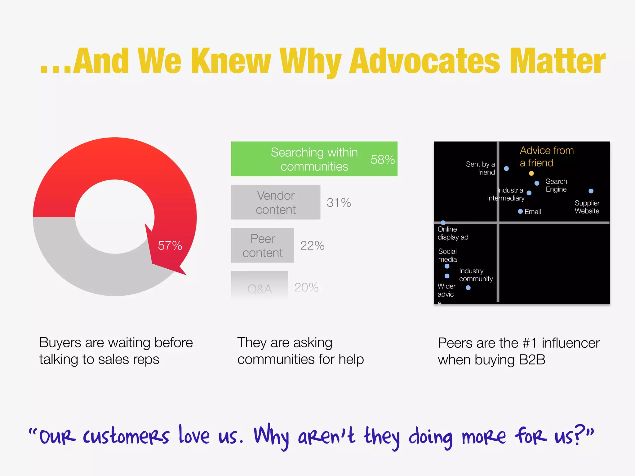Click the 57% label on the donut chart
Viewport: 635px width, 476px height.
(170, 245)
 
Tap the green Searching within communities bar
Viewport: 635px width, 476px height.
(314, 159)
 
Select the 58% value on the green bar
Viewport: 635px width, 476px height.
(383, 160)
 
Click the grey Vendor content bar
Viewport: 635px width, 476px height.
(275, 202)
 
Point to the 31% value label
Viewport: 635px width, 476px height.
(339, 203)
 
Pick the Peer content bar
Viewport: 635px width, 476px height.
(262, 245)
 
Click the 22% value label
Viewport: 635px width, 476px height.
(312, 245)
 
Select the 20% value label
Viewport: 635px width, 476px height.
(306, 287)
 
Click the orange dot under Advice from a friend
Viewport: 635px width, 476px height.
(531, 173)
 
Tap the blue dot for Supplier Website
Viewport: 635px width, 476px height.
(591, 191)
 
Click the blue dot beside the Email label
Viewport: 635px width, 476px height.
(520, 211)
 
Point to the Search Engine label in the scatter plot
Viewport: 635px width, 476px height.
(556, 185)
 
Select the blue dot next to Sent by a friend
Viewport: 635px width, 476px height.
(506, 169)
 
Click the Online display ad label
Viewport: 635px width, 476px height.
(453, 233)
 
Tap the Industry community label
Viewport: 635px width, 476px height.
(476, 275)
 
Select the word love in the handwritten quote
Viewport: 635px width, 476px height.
(194, 435)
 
